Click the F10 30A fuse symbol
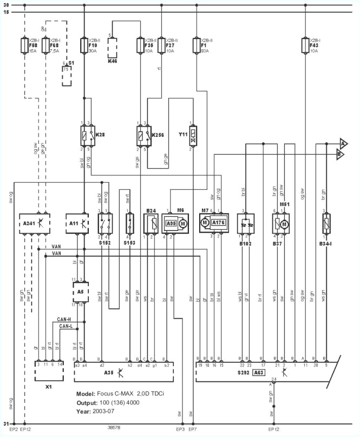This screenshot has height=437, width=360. click(x=83, y=45)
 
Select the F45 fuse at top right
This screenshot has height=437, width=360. click(x=306, y=45)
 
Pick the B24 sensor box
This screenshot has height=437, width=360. click(x=150, y=223)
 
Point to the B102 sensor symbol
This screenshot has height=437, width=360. click(x=246, y=223)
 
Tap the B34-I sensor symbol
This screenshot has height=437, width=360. click(x=326, y=223)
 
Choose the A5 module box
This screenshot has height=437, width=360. click(x=81, y=292)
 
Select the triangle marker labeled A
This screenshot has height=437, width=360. click(x=343, y=143)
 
